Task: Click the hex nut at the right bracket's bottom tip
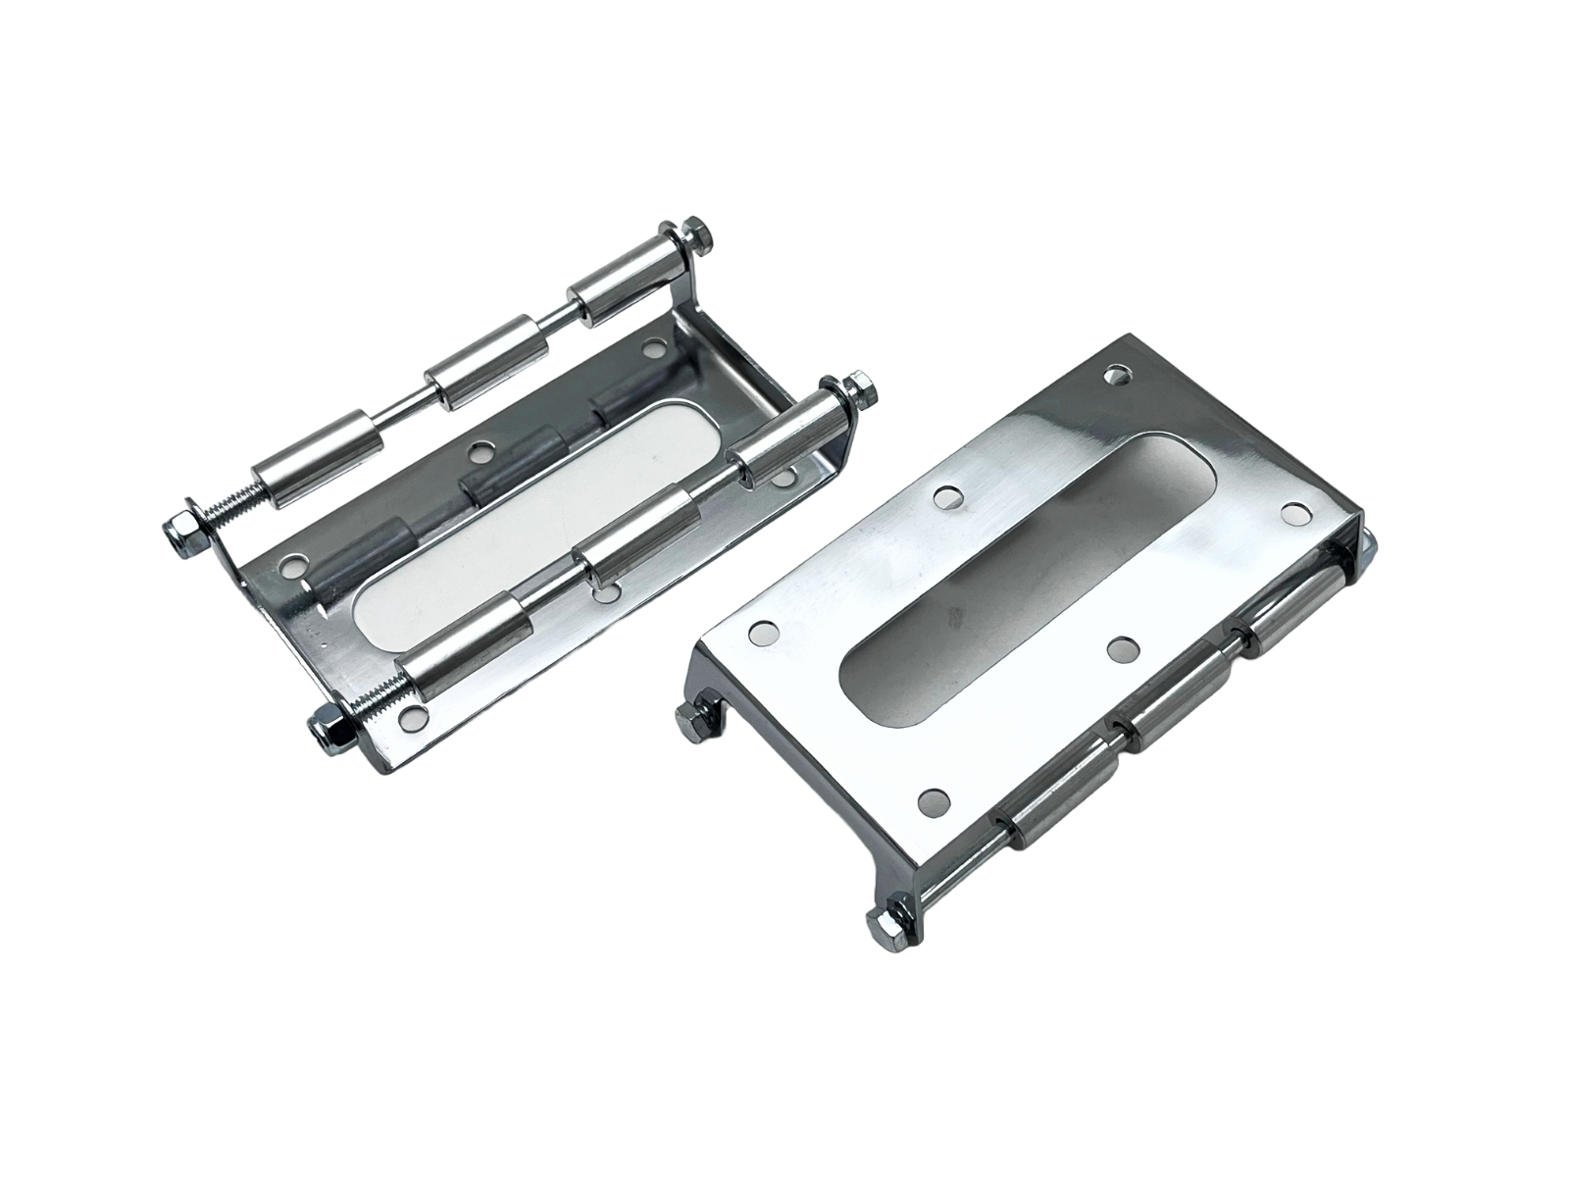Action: point(880,919)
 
